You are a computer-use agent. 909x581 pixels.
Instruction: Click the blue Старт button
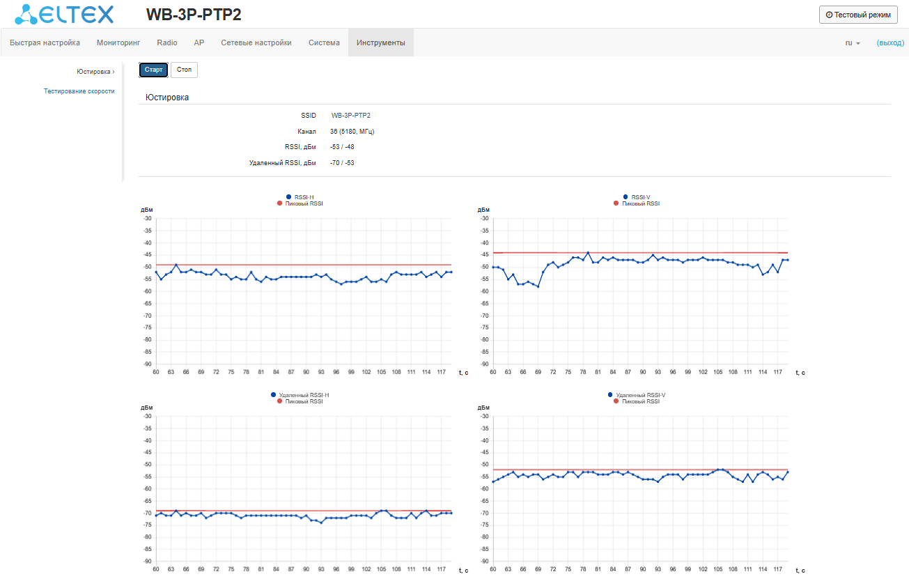tap(153, 70)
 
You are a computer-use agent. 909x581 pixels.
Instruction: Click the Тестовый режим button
tap(858, 15)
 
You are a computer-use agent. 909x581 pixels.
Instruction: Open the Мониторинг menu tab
tap(118, 42)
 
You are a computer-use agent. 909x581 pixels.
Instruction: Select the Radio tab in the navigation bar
tap(167, 42)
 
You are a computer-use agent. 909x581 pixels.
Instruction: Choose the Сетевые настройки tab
tap(256, 42)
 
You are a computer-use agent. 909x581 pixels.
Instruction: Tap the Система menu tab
tap(324, 42)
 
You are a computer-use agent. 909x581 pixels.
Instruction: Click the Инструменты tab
tap(380, 42)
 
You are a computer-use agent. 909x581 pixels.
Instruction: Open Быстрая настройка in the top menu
tap(45, 42)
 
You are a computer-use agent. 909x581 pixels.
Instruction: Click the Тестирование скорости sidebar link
tap(79, 91)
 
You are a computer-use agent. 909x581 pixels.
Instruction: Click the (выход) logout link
tap(890, 42)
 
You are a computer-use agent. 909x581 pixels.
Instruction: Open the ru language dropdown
tap(853, 42)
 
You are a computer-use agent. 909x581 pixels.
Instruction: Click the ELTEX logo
tap(64, 14)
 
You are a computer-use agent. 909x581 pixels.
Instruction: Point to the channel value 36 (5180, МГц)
tap(352, 131)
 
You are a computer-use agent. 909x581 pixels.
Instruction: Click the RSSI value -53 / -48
tap(342, 147)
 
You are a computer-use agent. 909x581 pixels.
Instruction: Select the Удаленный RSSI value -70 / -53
tap(342, 163)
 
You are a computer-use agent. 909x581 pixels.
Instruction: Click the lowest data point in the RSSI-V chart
tap(538, 286)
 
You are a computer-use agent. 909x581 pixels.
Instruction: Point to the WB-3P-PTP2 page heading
tap(194, 15)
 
